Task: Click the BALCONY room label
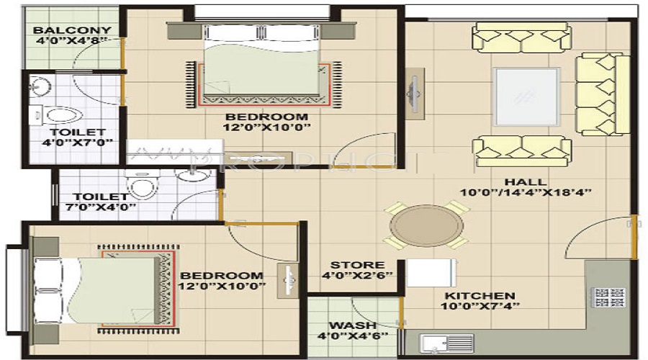point(72,30)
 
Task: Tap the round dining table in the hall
point(426,225)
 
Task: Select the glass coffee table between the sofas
point(526,96)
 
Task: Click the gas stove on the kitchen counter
point(608,297)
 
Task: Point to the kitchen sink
point(446,343)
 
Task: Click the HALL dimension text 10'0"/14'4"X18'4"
point(526,192)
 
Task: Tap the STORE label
point(357,265)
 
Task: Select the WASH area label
point(353,325)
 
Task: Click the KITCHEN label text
point(480,296)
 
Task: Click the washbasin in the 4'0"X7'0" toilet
point(40,86)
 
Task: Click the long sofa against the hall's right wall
point(603,94)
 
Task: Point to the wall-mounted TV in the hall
point(415,94)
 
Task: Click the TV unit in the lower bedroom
point(287,280)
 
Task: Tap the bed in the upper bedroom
point(261,61)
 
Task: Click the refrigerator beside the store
point(431,273)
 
